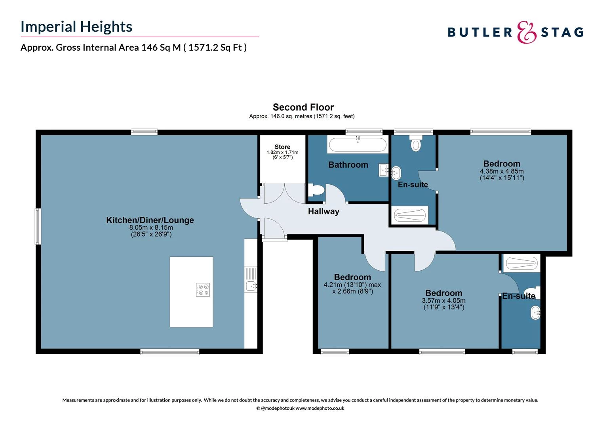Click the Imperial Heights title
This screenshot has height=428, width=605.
coord(76,27)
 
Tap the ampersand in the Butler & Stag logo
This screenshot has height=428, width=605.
coord(527,32)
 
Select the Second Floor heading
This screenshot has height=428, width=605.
coord(303,107)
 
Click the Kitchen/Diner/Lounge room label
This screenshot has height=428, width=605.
coord(150,220)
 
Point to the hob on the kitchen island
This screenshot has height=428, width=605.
coord(203,290)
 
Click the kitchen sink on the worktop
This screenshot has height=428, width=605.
coord(251,285)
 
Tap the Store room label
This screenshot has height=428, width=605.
coord(282,147)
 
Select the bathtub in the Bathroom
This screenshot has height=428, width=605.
coord(358,145)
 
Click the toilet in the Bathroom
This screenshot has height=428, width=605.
coord(316,190)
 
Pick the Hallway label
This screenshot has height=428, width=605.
coord(323,212)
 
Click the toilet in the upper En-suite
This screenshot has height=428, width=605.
coord(415,144)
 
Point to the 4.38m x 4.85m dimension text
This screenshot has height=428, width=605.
coord(502,171)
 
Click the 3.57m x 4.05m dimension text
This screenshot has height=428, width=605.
coord(443,301)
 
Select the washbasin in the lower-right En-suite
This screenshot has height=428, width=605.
coord(535,313)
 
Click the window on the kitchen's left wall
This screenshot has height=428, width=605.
coord(38,226)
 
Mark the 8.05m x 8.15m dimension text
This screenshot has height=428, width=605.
coord(151,228)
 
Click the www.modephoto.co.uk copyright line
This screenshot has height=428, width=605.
coord(300,408)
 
